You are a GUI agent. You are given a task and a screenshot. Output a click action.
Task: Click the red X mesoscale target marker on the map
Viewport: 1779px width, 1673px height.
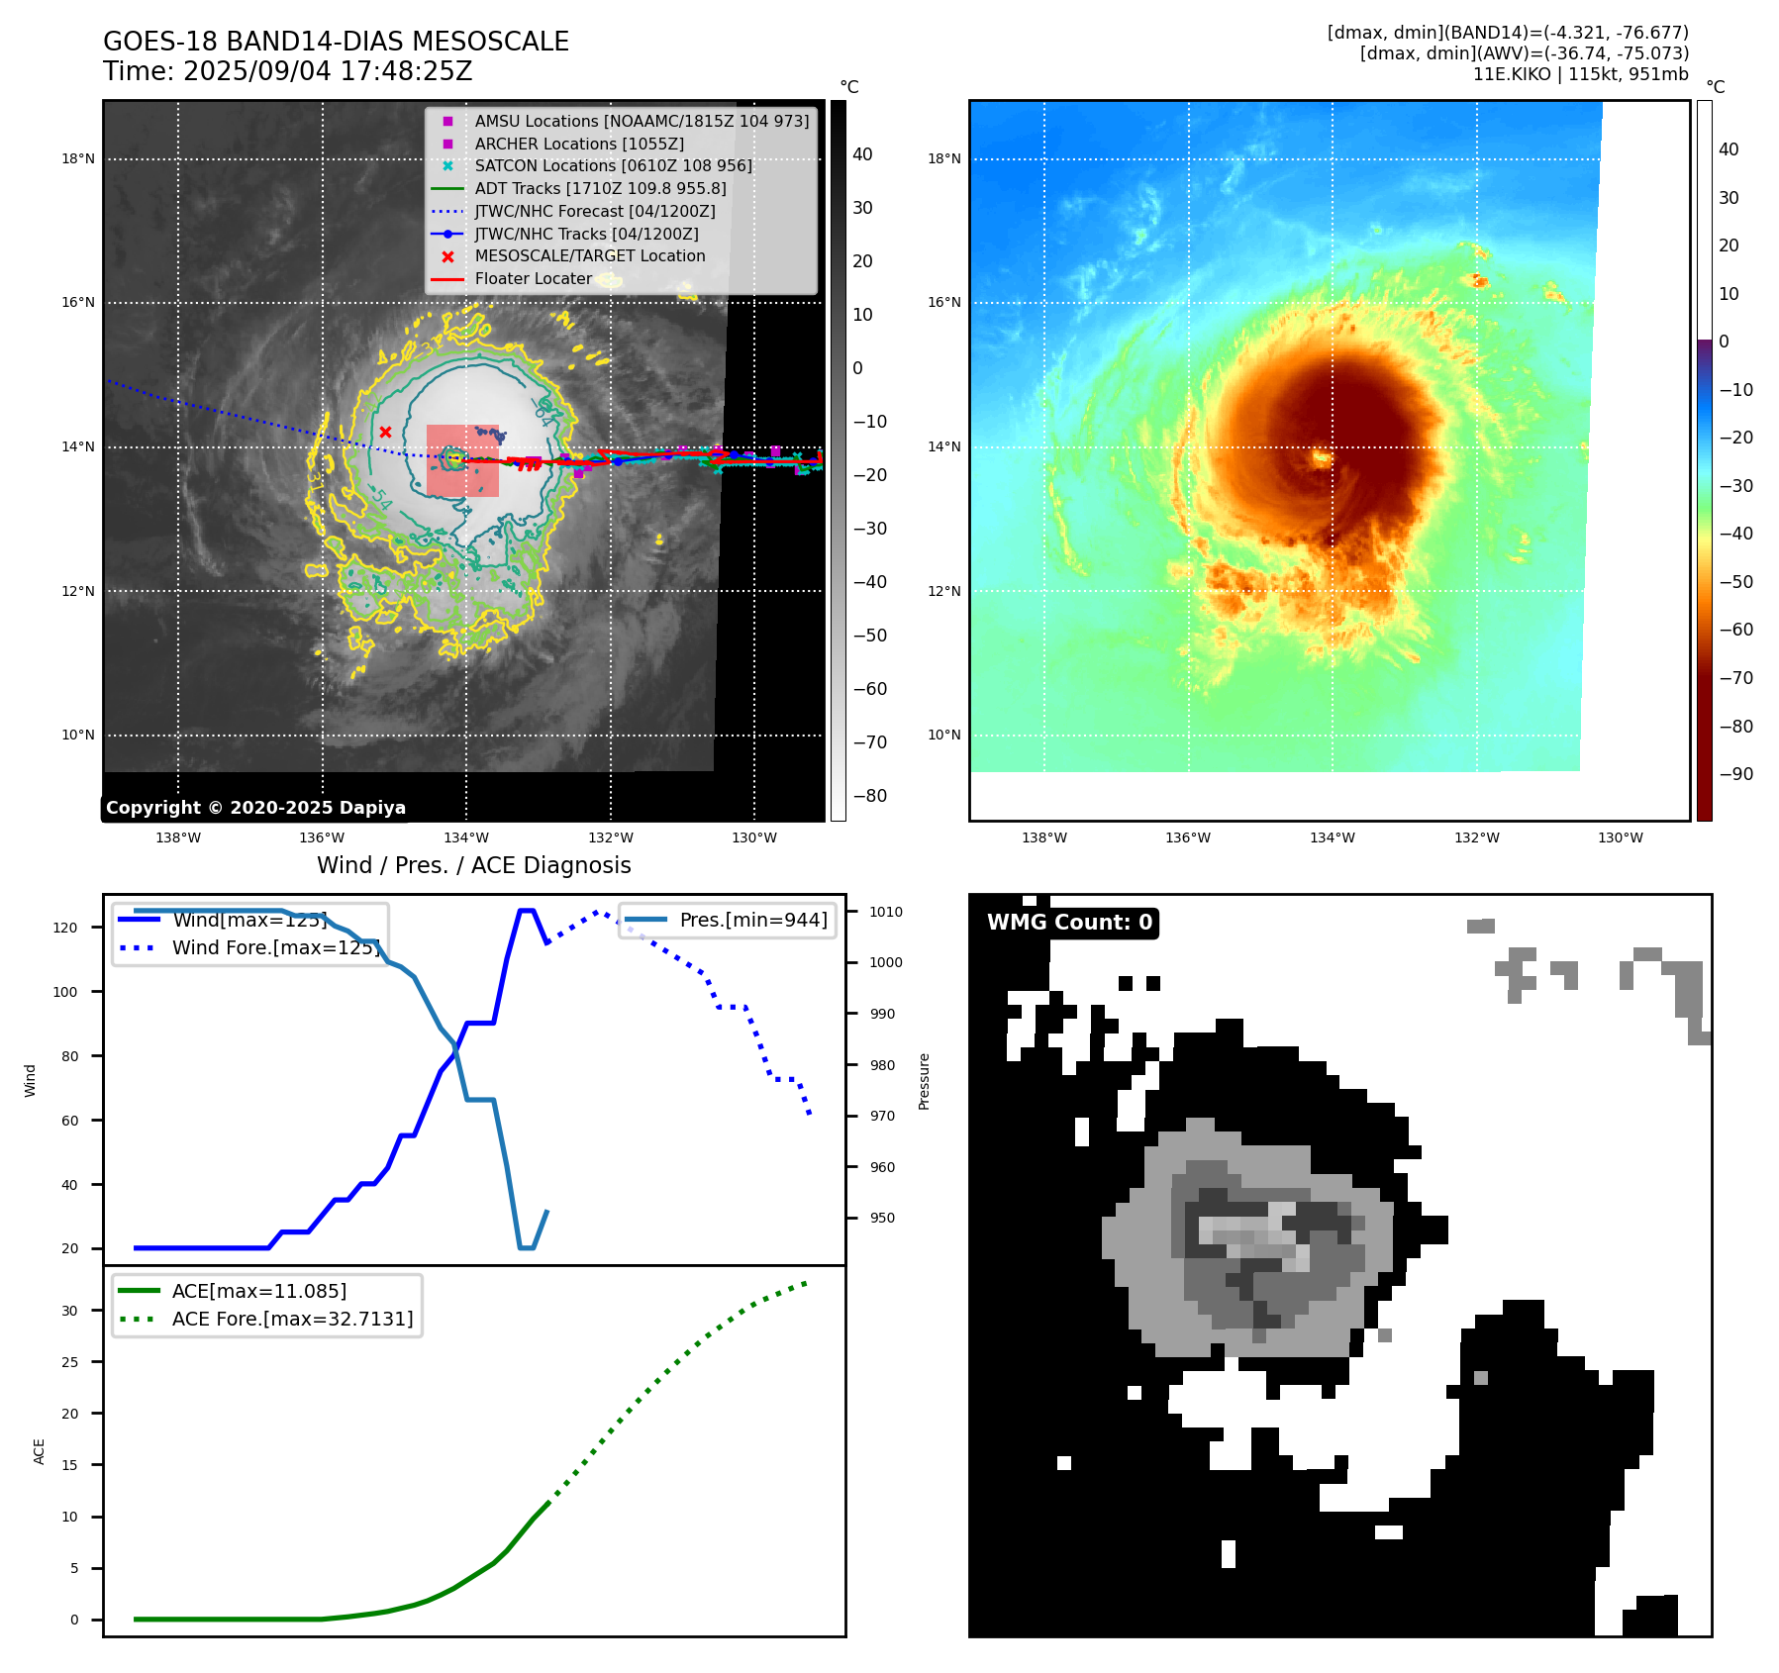(x=385, y=432)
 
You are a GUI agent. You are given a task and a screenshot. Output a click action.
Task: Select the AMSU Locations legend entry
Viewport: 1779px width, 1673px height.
(x=641, y=121)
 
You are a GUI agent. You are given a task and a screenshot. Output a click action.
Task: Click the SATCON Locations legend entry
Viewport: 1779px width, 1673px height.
(x=613, y=165)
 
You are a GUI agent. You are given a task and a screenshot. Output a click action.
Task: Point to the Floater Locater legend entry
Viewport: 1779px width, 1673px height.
(x=533, y=278)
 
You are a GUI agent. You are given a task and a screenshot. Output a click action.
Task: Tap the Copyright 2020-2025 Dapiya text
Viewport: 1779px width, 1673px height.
(x=255, y=808)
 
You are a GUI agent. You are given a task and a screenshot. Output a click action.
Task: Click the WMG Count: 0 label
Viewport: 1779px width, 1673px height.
(x=1069, y=923)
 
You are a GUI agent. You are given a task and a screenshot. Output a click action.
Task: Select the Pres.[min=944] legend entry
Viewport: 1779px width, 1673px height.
(x=752, y=920)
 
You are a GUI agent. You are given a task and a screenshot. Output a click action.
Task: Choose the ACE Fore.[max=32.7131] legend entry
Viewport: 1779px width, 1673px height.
(x=292, y=1319)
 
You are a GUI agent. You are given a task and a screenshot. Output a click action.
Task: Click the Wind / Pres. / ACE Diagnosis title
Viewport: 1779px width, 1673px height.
(x=473, y=865)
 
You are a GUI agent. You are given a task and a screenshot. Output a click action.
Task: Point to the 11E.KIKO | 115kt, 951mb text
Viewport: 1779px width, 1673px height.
(x=1580, y=74)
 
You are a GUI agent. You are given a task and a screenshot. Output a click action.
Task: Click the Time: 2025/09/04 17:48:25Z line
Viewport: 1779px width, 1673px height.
(x=287, y=71)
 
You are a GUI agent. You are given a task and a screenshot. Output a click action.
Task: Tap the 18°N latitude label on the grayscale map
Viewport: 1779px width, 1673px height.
(x=78, y=158)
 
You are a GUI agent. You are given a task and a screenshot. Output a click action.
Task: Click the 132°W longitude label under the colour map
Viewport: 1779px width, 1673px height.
(x=1476, y=837)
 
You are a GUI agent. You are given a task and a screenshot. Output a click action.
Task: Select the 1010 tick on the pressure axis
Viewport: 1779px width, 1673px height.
(x=886, y=912)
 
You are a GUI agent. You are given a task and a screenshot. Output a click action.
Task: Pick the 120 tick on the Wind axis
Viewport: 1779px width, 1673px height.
(x=65, y=928)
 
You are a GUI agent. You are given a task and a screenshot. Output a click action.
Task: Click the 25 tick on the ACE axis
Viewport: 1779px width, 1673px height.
(x=69, y=1362)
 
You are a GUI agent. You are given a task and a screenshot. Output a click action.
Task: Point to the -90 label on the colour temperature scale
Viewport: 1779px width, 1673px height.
(x=1735, y=774)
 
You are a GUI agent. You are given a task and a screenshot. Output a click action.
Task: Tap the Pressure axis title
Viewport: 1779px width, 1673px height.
(x=924, y=1081)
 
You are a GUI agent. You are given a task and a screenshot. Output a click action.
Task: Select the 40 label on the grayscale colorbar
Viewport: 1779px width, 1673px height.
(x=862, y=154)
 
